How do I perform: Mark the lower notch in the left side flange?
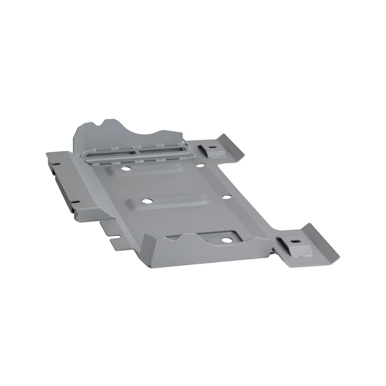coord(75,202)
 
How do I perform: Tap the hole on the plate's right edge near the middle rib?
coord(225,197)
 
